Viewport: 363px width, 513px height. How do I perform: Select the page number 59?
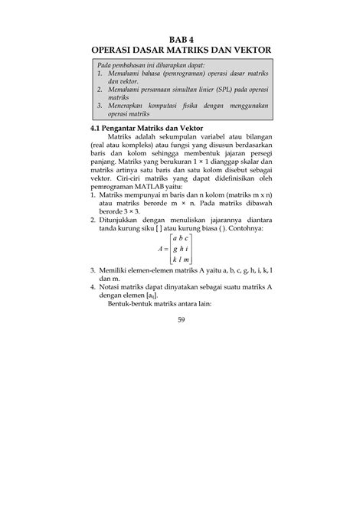click(x=181, y=319)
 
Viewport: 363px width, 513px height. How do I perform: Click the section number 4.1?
click(x=97, y=126)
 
